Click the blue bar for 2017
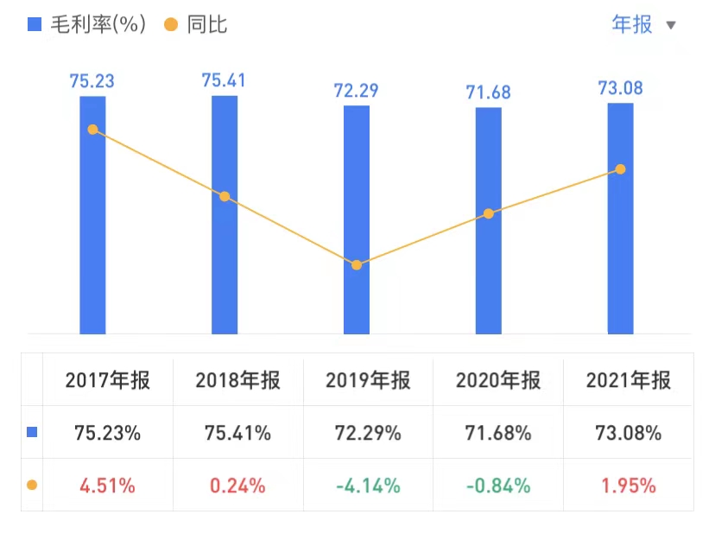(x=92, y=216)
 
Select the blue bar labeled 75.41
(x=225, y=216)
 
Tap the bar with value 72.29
(x=357, y=220)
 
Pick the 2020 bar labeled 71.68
(x=489, y=221)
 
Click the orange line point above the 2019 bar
(x=357, y=264)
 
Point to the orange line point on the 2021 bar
(x=620, y=169)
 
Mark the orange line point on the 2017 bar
(x=92, y=130)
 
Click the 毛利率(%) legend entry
(x=83, y=24)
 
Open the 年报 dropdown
(x=643, y=24)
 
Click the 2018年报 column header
(x=237, y=380)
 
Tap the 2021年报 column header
(x=628, y=380)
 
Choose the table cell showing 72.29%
(x=369, y=433)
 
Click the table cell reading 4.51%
(x=107, y=486)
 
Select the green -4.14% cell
(x=369, y=486)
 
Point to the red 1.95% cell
(x=628, y=486)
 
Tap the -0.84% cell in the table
(x=498, y=486)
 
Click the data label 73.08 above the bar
(x=620, y=88)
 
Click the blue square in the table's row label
(x=33, y=432)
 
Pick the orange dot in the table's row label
(x=33, y=485)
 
